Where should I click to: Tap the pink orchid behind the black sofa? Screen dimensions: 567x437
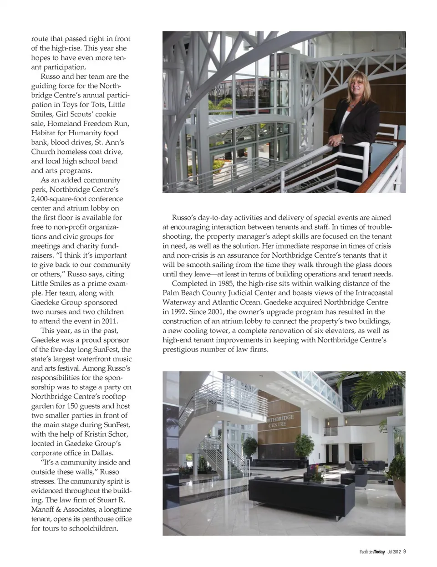[317, 470]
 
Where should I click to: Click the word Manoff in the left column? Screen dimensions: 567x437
[44, 509]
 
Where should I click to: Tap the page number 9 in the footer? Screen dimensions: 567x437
[404, 552]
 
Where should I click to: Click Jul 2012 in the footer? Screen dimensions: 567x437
[394, 552]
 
